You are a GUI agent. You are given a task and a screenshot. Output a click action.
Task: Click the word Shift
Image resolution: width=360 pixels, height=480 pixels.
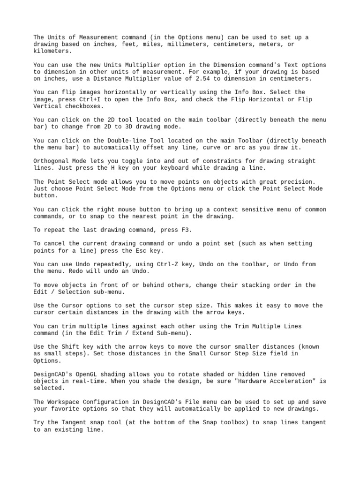click(69, 347)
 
